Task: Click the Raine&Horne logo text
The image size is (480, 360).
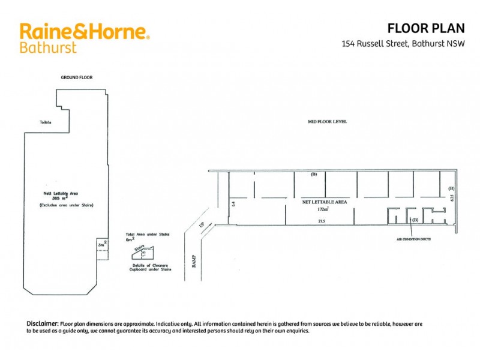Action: [84, 31]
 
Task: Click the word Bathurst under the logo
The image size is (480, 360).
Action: [48, 47]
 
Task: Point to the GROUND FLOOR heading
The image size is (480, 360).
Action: [77, 77]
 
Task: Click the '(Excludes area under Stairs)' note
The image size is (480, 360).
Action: [62, 206]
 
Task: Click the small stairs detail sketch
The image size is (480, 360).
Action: [146, 253]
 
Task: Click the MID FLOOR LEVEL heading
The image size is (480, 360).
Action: [327, 122]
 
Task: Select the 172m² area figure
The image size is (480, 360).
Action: [323, 209]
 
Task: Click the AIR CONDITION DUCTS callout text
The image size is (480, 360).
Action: [413, 239]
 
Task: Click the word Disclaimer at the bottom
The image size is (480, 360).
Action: [42, 323]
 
